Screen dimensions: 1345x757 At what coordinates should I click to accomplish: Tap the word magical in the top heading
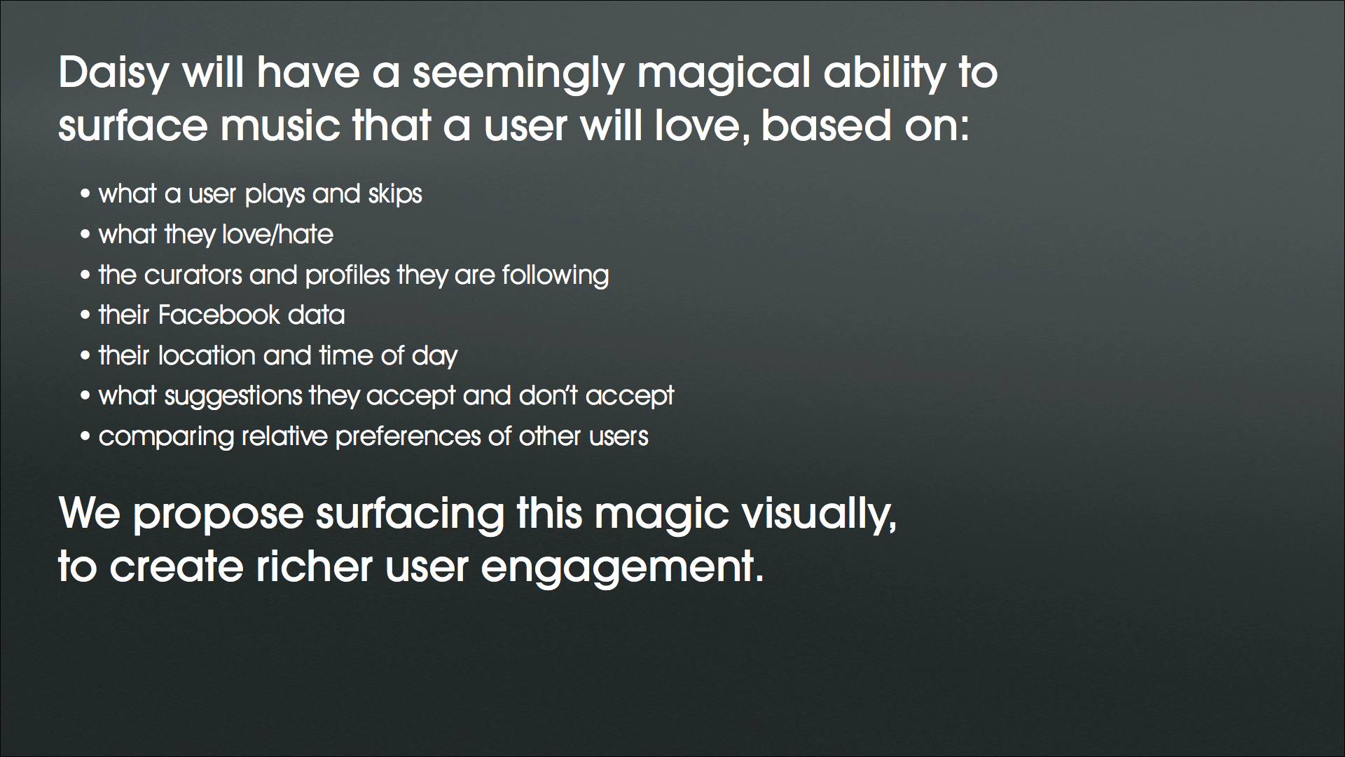point(723,73)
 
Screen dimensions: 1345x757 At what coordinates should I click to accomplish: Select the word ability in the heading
point(884,73)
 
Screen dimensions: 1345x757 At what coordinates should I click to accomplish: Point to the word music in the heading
point(280,126)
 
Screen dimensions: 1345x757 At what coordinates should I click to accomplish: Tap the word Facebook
point(219,315)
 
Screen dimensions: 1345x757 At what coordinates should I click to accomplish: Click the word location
point(207,355)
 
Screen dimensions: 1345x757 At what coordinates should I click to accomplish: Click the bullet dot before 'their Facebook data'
point(85,315)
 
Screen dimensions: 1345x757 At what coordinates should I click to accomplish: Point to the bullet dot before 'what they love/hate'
point(85,235)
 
